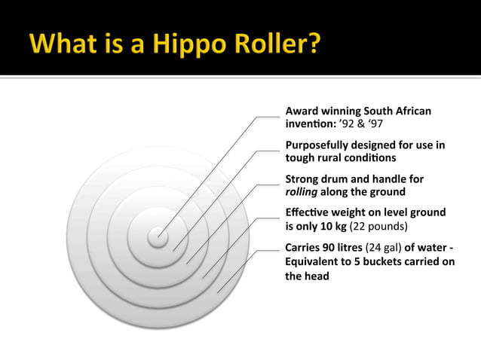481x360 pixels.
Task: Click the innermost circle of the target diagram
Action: coord(158,237)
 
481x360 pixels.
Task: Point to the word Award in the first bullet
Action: coord(302,111)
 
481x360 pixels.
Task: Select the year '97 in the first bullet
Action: coord(372,124)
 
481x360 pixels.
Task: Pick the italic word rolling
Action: coord(302,192)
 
